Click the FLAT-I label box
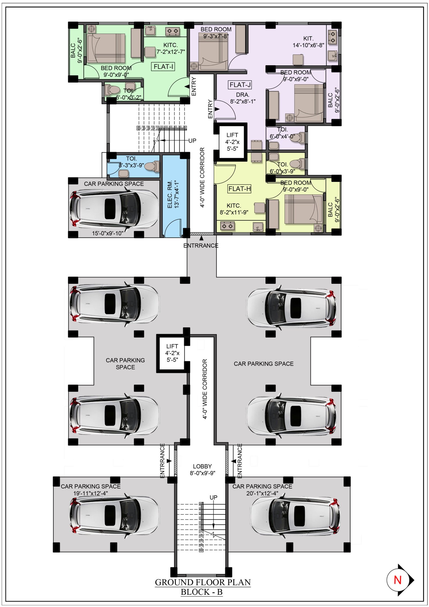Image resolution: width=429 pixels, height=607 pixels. pyautogui.click(x=163, y=67)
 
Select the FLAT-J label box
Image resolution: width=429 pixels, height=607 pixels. pyautogui.click(x=240, y=85)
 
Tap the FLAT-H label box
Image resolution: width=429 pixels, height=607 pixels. pyautogui.click(x=239, y=189)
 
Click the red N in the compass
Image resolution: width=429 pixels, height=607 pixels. pyautogui.click(x=397, y=580)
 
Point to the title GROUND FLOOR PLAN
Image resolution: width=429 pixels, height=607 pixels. pyautogui.click(x=203, y=582)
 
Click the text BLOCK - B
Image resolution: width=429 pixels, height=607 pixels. pyautogui.click(x=202, y=592)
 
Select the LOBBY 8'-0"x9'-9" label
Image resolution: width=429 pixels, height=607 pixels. pyautogui.click(x=202, y=470)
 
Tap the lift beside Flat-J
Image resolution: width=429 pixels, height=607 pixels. pyautogui.click(x=232, y=142)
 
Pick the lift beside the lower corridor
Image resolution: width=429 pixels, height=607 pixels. pyautogui.click(x=172, y=353)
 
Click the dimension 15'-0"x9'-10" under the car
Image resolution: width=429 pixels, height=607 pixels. pyautogui.click(x=108, y=233)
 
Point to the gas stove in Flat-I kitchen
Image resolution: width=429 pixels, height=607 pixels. pyautogui.click(x=172, y=31)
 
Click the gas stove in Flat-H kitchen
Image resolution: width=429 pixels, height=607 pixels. pyautogui.click(x=228, y=226)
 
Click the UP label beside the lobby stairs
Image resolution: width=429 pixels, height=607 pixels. pyautogui.click(x=213, y=497)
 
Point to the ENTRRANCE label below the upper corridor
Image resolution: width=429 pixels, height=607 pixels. pyautogui.click(x=201, y=245)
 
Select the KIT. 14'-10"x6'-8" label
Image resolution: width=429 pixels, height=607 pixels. pyautogui.click(x=308, y=42)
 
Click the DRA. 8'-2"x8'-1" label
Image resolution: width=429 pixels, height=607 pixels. pyautogui.click(x=243, y=98)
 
